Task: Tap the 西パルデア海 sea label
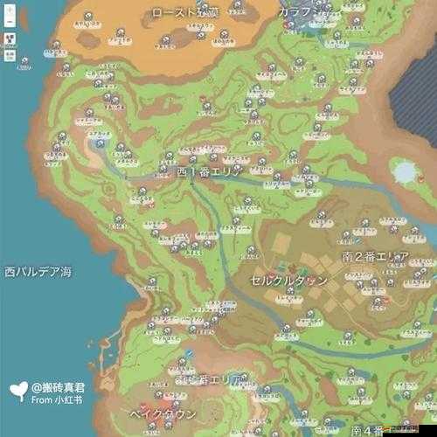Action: click(37, 271)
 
